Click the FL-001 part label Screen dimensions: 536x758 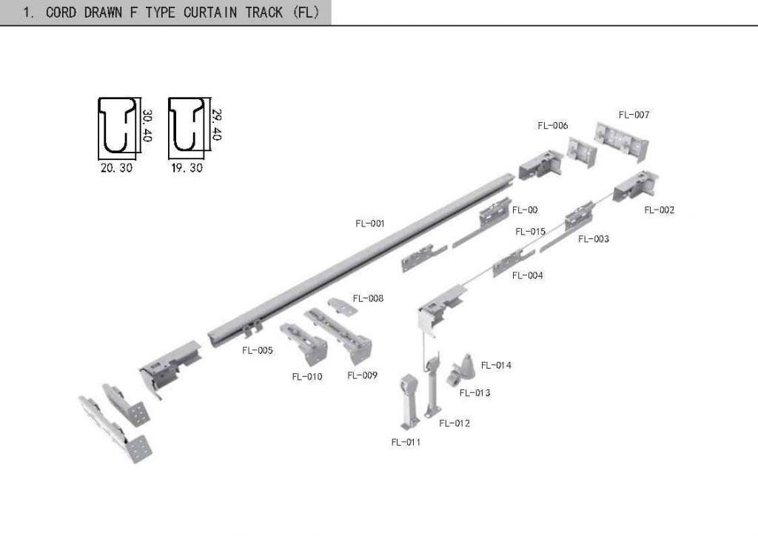pos(369,224)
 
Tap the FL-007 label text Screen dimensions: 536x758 pos(634,115)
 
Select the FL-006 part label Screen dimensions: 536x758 pos(553,126)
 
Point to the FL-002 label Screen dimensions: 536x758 pos(659,210)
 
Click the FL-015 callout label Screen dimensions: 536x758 pos(531,232)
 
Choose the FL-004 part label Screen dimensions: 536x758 pos(528,275)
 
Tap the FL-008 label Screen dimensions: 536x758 pos(368,298)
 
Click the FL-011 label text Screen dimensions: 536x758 pos(406,442)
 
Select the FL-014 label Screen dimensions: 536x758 pos(496,365)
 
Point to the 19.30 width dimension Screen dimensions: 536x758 pos(187,168)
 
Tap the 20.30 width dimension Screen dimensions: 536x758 pos(116,168)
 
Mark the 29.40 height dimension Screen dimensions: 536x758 pos(217,125)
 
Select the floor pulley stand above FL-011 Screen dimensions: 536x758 pos(409,401)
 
